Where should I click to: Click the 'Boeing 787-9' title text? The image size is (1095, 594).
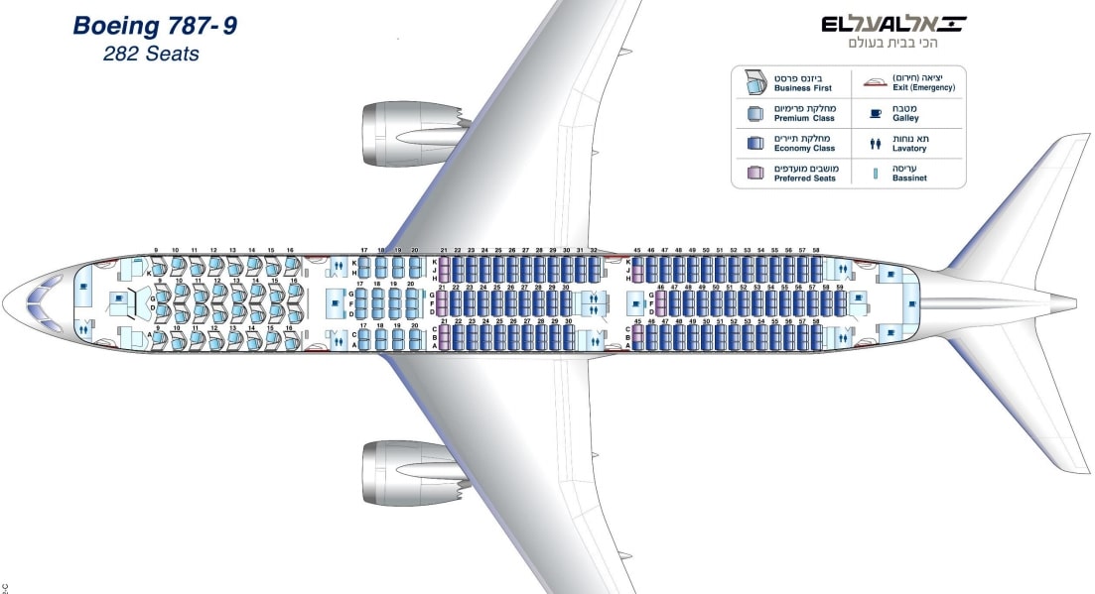coord(155,26)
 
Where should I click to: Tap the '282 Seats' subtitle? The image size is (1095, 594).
coord(151,54)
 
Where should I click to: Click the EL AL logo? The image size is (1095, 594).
coord(893,25)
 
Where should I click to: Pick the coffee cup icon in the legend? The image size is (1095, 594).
coord(876,113)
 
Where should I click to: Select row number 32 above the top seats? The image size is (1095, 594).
coord(594,250)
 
